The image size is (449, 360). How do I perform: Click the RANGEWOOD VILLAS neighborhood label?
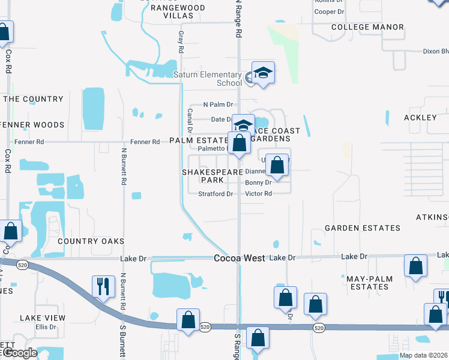[178, 12]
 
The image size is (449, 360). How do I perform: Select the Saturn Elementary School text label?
[208, 79]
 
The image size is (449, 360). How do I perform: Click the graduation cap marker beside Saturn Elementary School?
[263, 73]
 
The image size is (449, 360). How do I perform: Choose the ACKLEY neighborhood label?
[420, 118]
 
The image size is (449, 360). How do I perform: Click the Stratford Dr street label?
[215, 194]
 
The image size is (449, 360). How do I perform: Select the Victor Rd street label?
[259, 194]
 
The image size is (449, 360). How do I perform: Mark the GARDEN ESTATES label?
[362, 228]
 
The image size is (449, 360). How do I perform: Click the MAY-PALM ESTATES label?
[369, 283]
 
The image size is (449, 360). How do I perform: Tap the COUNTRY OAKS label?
[91, 241]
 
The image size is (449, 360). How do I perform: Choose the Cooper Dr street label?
[329, 11]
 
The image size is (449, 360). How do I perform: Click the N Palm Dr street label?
[217, 104]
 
